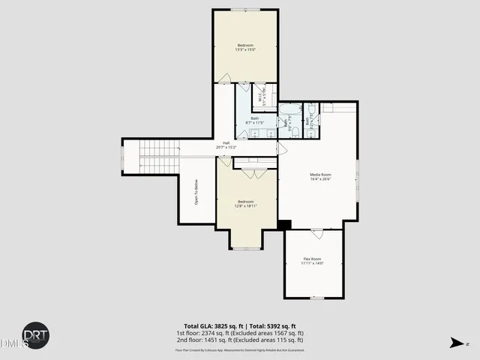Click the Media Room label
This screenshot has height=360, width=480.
[320, 174]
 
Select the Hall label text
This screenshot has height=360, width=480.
[226, 142]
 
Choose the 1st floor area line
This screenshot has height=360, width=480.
[240, 333]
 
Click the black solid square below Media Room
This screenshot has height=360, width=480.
[284, 224]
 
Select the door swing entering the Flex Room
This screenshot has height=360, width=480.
[316, 234]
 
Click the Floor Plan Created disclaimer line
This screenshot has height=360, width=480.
[240, 349]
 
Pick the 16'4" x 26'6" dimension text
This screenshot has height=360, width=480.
[320, 179]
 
